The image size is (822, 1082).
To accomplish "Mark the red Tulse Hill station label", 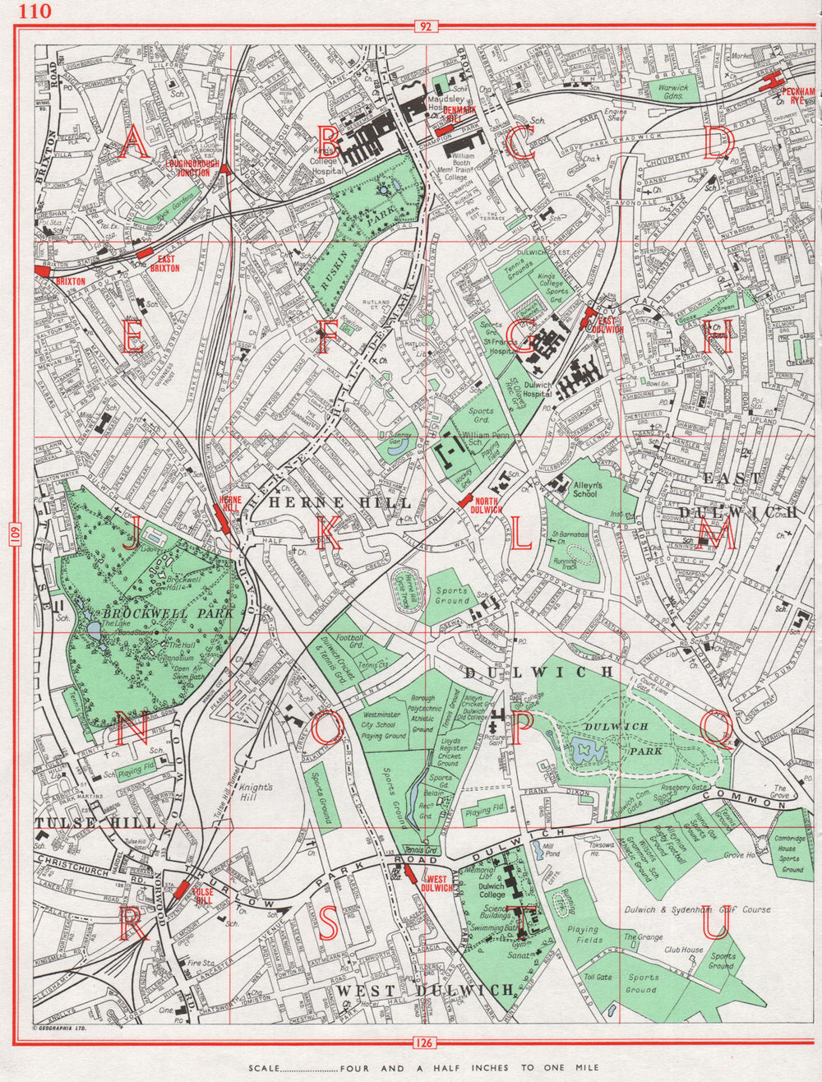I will point(202,895).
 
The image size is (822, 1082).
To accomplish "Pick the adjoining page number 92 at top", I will point(424,27).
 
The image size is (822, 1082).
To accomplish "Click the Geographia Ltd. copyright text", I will point(59,1028).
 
